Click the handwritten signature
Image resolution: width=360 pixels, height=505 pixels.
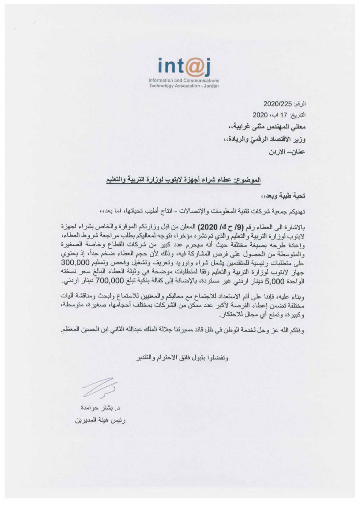(x=100, y=387)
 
